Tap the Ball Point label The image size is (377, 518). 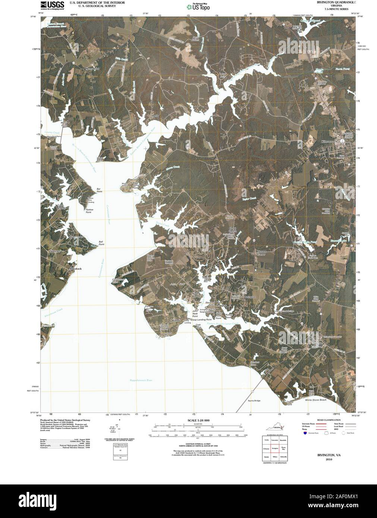pyautogui.click(x=101, y=243)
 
